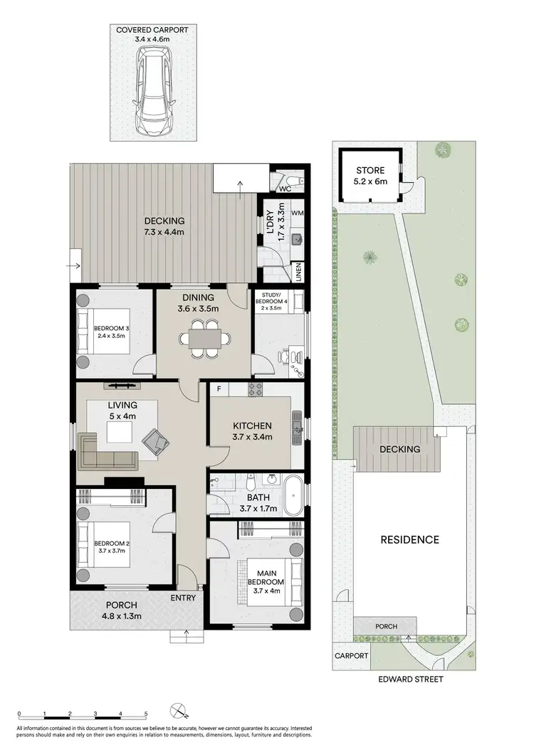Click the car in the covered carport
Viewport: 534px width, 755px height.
click(155, 90)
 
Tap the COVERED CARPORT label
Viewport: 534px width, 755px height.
click(154, 30)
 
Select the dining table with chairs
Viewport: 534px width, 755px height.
click(205, 338)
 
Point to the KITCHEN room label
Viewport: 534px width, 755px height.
click(253, 426)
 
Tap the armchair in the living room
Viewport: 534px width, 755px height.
click(157, 443)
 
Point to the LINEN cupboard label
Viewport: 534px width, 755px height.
click(298, 272)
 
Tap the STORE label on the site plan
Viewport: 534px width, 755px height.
click(370, 171)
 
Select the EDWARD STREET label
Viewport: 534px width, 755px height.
click(412, 679)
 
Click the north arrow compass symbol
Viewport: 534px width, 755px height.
click(179, 712)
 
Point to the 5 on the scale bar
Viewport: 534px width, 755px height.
click(145, 713)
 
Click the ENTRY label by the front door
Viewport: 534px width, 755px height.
click(183, 598)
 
